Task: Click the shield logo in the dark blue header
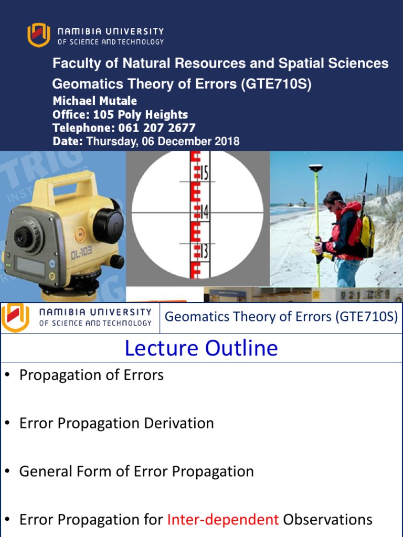click(38, 35)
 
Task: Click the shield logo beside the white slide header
click(15, 317)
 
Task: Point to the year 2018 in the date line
click(226, 142)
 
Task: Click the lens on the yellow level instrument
click(23, 238)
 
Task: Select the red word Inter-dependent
click(223, 520)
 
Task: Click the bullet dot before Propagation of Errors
click(7, 375)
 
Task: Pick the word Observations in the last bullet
click(327, 520)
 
